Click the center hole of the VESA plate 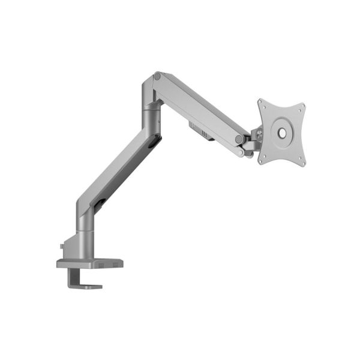[x=282, y=131]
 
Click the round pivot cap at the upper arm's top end [x=157, y=77]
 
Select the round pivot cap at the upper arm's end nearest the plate [x=239, y=139]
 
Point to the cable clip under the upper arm [x=200, y=130]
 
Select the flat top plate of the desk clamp [x=90, y=262]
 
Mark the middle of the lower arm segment [x=120, y=168]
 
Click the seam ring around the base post [x=84, y=230]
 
